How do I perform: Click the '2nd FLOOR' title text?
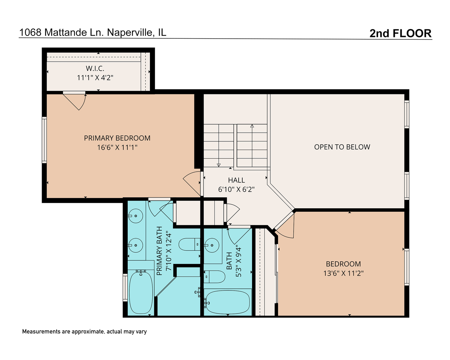tap(400, 33)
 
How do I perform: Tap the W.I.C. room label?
tap(95, 68)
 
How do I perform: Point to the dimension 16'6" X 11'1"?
tap(117, 147)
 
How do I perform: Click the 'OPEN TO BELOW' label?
tap(342, 147)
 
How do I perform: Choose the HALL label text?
tap(236, 180)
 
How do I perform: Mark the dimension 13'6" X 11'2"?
tap(343, 273)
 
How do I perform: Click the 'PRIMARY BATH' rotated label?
tap(159, 251)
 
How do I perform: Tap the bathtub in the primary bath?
tap(141, 292)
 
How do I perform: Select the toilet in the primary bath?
tap(189, 245)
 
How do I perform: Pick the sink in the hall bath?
tap(211, 246)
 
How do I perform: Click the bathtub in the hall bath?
tap(228, 302)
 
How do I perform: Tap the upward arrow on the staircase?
tap(252, 126)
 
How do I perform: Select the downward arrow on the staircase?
tap(219, 164)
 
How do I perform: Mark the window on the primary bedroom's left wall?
tap(44, 140)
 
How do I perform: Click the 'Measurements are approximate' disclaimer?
tap(84, 332)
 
